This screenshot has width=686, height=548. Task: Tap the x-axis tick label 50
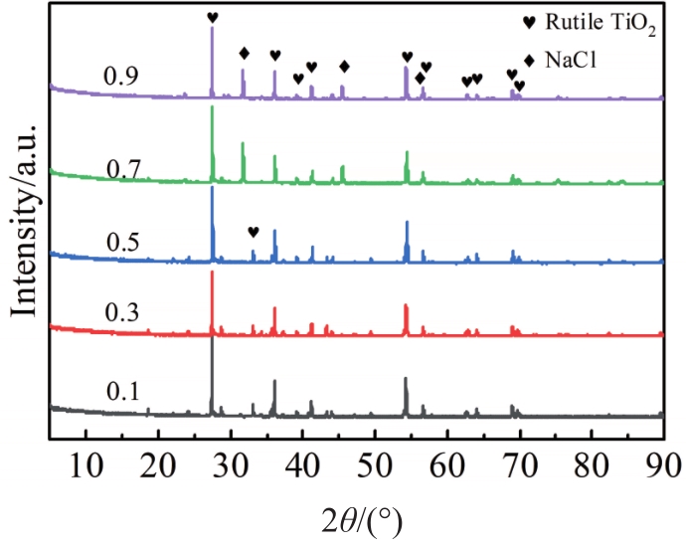[375, 466]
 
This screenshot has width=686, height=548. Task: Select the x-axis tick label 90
[663, 466]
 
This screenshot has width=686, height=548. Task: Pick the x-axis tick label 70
[519, 466]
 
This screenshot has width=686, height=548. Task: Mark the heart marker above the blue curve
[253, 232]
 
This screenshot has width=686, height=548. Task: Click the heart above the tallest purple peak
[212, 17]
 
